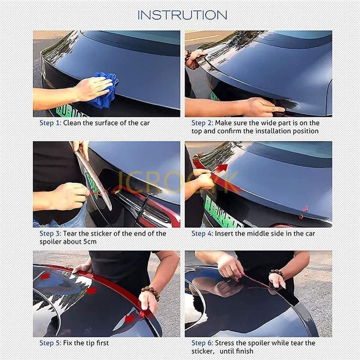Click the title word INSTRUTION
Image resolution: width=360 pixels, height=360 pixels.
(x=182, y=15)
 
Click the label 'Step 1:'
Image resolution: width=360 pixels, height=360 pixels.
(x=50, y=123)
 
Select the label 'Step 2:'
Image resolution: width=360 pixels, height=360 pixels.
(x=202, y=123)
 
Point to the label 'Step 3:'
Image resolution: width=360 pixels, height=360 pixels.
(x=50, y=234)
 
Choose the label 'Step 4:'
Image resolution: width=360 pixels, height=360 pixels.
(x=202, y=234)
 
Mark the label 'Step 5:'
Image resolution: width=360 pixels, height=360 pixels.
(x=50, y=343)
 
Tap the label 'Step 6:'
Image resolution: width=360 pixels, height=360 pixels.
(x=202, y=343)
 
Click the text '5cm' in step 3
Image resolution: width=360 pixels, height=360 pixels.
(x=90, y=242)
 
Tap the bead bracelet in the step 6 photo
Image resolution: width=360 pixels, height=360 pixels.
(x=278, y=273)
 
